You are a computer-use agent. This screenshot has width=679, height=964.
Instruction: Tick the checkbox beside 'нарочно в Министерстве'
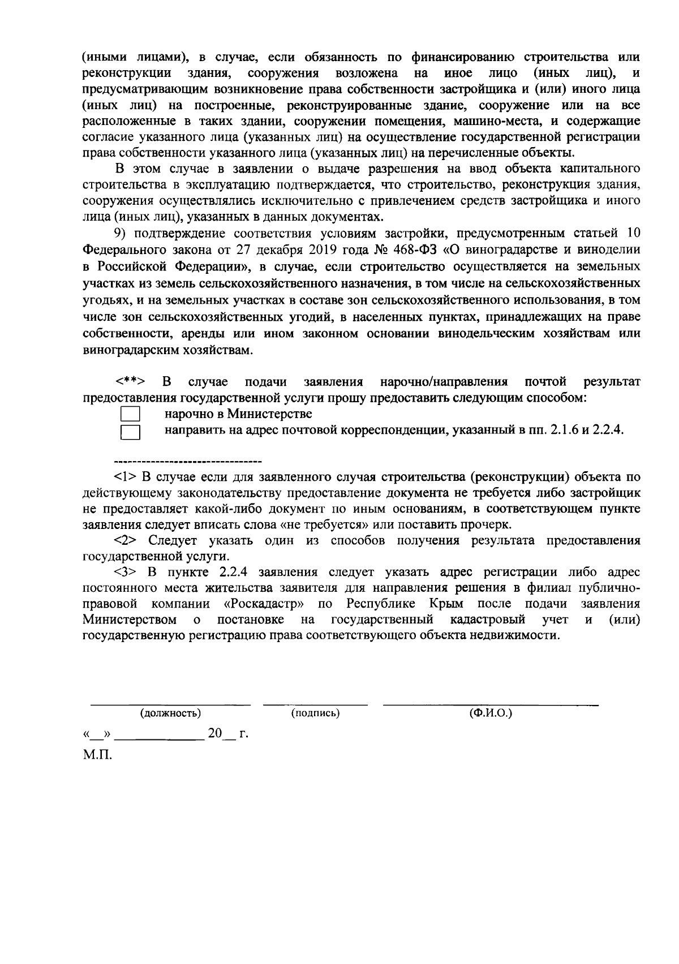131,415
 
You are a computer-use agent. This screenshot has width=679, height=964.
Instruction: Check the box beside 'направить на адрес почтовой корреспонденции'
131,432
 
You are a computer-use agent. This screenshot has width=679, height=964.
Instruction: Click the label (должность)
170,713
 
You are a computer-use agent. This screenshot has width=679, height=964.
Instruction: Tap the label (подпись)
315,713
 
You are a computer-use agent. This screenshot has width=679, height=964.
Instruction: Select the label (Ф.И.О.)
491,713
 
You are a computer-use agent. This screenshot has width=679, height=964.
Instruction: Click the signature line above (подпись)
315,705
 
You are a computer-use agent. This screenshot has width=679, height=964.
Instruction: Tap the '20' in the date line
215,734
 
